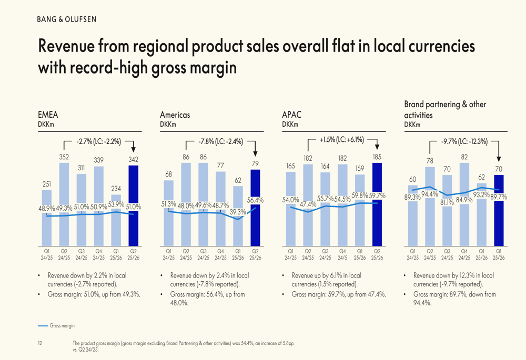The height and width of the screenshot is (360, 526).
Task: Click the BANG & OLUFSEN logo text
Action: point(66,19)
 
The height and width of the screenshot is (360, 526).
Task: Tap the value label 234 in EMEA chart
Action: point(116,189)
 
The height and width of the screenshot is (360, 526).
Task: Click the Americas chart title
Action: point(175,115)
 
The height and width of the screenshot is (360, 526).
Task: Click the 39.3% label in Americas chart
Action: point(238,212)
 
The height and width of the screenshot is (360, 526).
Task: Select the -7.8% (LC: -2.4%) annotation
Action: point(221,141)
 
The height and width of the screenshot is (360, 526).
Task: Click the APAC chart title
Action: point(291,115)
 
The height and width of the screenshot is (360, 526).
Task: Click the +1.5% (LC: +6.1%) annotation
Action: point(342,140)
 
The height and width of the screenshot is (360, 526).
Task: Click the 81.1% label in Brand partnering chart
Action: point(447,202)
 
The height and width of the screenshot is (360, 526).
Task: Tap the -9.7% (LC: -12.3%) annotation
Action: point(464,141)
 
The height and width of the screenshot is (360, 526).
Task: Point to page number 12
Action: point(40,343)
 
